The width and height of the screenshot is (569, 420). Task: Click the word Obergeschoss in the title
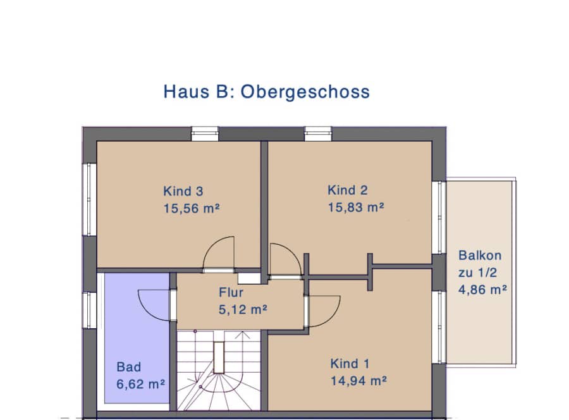click(305, 92)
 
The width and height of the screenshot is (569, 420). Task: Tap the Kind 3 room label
click(183, 191)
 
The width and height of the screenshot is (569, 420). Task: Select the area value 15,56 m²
click(192, 209)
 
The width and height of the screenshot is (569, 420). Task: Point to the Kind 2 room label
click(348, 190)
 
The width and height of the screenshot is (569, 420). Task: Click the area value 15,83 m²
click(356, 207)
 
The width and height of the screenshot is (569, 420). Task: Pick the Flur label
click(231, 293)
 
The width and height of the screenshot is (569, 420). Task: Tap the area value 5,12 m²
click(243, 310)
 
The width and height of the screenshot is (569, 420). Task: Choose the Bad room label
click(129, 367)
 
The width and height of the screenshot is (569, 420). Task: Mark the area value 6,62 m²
click(141, 384)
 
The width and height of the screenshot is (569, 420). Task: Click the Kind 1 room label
click(350, 364)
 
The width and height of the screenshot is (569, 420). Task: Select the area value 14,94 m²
click(358, 381)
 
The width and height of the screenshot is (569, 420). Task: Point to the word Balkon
click(480, 256)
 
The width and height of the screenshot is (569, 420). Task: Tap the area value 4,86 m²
click(482, 290)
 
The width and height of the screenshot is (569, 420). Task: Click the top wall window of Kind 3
click(205, 133)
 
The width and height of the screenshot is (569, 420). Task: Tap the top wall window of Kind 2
click(318, 133)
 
